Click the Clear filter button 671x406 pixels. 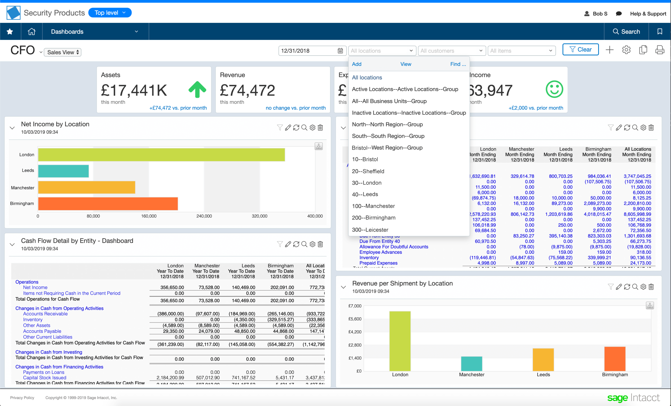[580, 50]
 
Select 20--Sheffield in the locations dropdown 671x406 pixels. [368, 171]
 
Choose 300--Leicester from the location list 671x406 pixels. [370, 230]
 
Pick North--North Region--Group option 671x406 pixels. [387, 124]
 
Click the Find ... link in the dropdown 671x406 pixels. [457, 64]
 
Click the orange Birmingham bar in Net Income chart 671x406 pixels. [108, 204]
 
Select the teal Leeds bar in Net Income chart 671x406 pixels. [63, 171]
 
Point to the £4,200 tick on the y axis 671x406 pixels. [355, 332]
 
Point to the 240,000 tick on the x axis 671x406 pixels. [204, 216]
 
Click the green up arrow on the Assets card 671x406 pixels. [197, 89]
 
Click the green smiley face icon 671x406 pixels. [554, 89]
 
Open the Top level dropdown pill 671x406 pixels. [110, 13]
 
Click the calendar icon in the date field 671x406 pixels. [340, 51]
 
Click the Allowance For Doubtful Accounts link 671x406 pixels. [393, 247]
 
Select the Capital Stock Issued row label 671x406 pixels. [45, 377]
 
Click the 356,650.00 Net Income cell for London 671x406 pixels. [172, 287]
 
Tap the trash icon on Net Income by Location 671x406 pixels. [321, 128]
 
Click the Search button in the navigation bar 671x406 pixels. [626, 32]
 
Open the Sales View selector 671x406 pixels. [63, 52]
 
